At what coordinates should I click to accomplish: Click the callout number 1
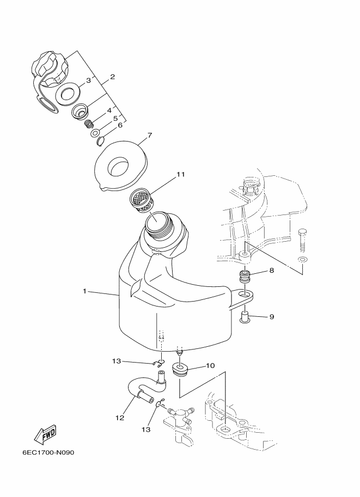(x=84, y=291)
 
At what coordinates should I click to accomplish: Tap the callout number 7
(x=149, y=136)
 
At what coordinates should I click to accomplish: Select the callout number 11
(x=181, y=174)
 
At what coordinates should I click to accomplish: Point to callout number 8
(x=272, y=271)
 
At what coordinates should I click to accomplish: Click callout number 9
(x=272, y=317)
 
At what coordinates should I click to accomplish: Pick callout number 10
(x=210, y=365)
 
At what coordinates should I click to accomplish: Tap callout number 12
(x=120, y=418)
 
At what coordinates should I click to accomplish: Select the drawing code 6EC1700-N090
(x=48, y=452)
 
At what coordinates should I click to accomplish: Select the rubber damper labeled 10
(x=180, y=370)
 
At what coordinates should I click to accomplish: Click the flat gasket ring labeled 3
(x=68, y=93)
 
